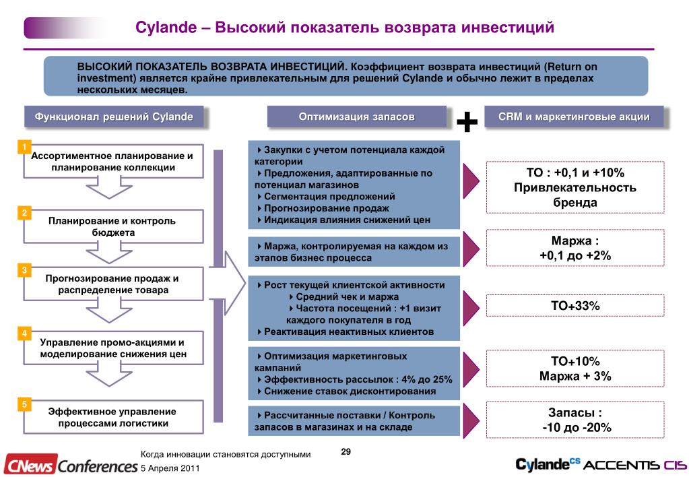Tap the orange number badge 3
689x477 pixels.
click(24, 271)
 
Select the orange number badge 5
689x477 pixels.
click(24, 404)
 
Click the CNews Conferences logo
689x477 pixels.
click(70, 465)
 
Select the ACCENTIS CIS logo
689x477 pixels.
click(634, 465)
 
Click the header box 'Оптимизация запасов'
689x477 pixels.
click(356, 117)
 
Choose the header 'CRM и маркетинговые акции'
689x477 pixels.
click(574, 117)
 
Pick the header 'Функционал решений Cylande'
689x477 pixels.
click(114, 117)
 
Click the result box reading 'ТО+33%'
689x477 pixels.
click(575, 306)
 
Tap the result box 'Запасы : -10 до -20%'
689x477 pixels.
click(575, 420)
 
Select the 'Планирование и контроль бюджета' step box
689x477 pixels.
click(113, 226)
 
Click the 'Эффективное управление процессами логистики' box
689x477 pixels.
click(113, 417)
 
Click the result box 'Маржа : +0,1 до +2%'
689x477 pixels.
click(575, 248)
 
